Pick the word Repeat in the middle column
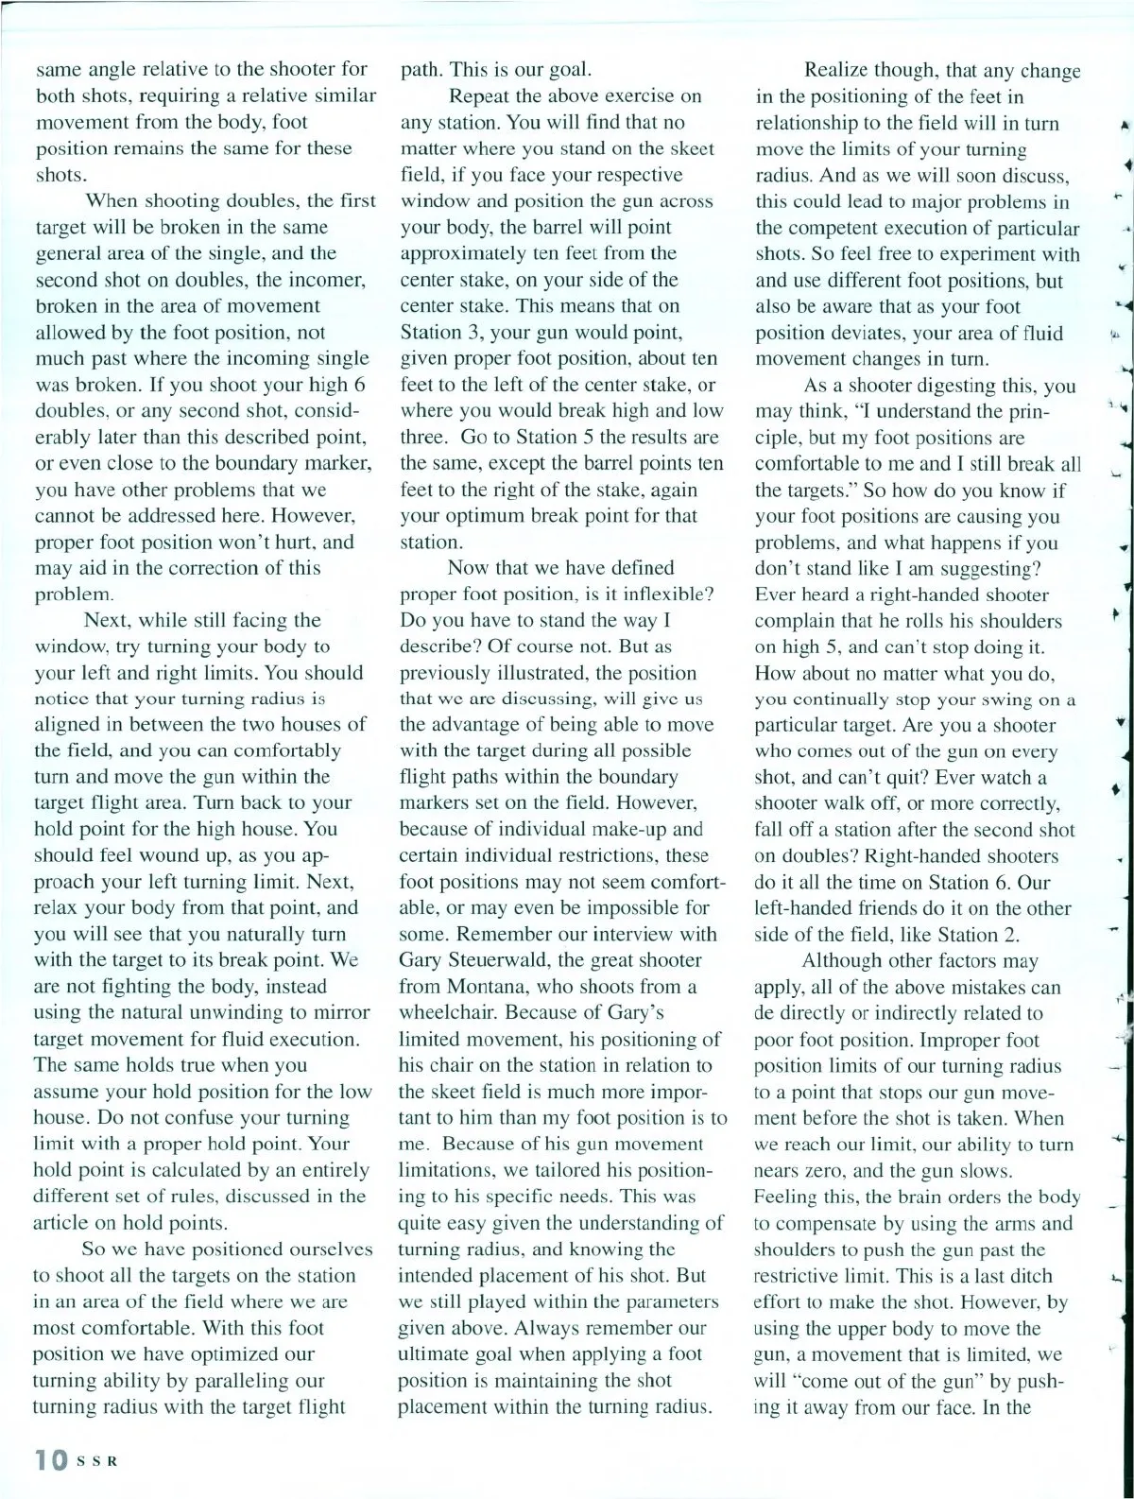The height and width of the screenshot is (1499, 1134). (479, 96)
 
